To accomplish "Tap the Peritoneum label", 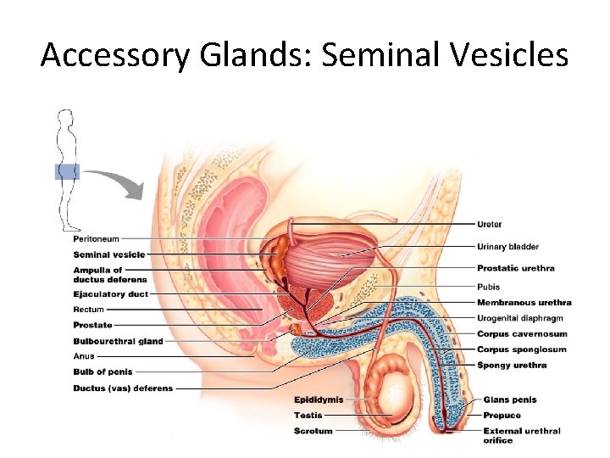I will tap(96, 239).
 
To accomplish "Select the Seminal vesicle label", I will tap(108, 254).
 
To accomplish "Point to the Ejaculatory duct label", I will tap(110, 294).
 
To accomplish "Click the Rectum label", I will tap(88, 310).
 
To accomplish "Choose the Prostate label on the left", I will tap(92, 325).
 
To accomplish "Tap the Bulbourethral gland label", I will tap(118, 341).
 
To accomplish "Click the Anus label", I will tap(84, 356).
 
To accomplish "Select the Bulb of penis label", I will tap(103, 371).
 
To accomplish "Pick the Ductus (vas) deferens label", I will tap(123, 388).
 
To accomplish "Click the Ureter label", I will tap(489, 225).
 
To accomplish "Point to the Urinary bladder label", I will tap(507, 247).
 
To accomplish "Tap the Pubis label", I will tap(488, 287).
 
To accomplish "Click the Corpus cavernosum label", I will tap(522, 334).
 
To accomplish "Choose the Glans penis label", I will tap(509, 399).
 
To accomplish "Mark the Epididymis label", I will tap(319, 399).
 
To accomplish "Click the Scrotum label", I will tap(313, 431).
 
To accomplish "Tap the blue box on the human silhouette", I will tap(67, 172).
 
